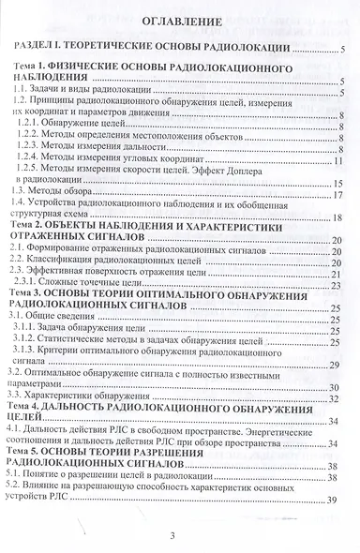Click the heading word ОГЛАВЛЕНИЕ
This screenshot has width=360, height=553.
click(x=179, y=20)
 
